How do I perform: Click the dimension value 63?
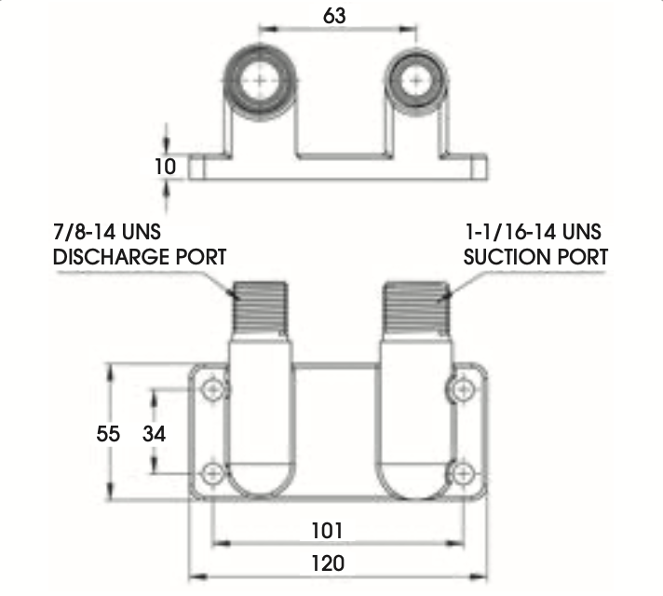coord(334,16)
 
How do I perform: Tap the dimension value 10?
coord(165,167)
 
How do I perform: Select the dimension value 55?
coord(108,434)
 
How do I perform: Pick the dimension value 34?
coord(154,434)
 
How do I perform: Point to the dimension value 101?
coord(327,531)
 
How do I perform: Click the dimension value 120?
coord(328,563)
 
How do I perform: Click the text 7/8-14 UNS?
coord(107,232)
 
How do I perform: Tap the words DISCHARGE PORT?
coord(140,257)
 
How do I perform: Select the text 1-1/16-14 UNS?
coord(534,232)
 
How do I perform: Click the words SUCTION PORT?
coord(535,257)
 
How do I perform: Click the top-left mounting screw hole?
coord(212,389)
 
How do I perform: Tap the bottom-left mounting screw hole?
coord(212,474)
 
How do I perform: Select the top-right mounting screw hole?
coord(464,389)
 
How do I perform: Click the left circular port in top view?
coord(260,81)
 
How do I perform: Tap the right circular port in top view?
coord(416,81)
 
